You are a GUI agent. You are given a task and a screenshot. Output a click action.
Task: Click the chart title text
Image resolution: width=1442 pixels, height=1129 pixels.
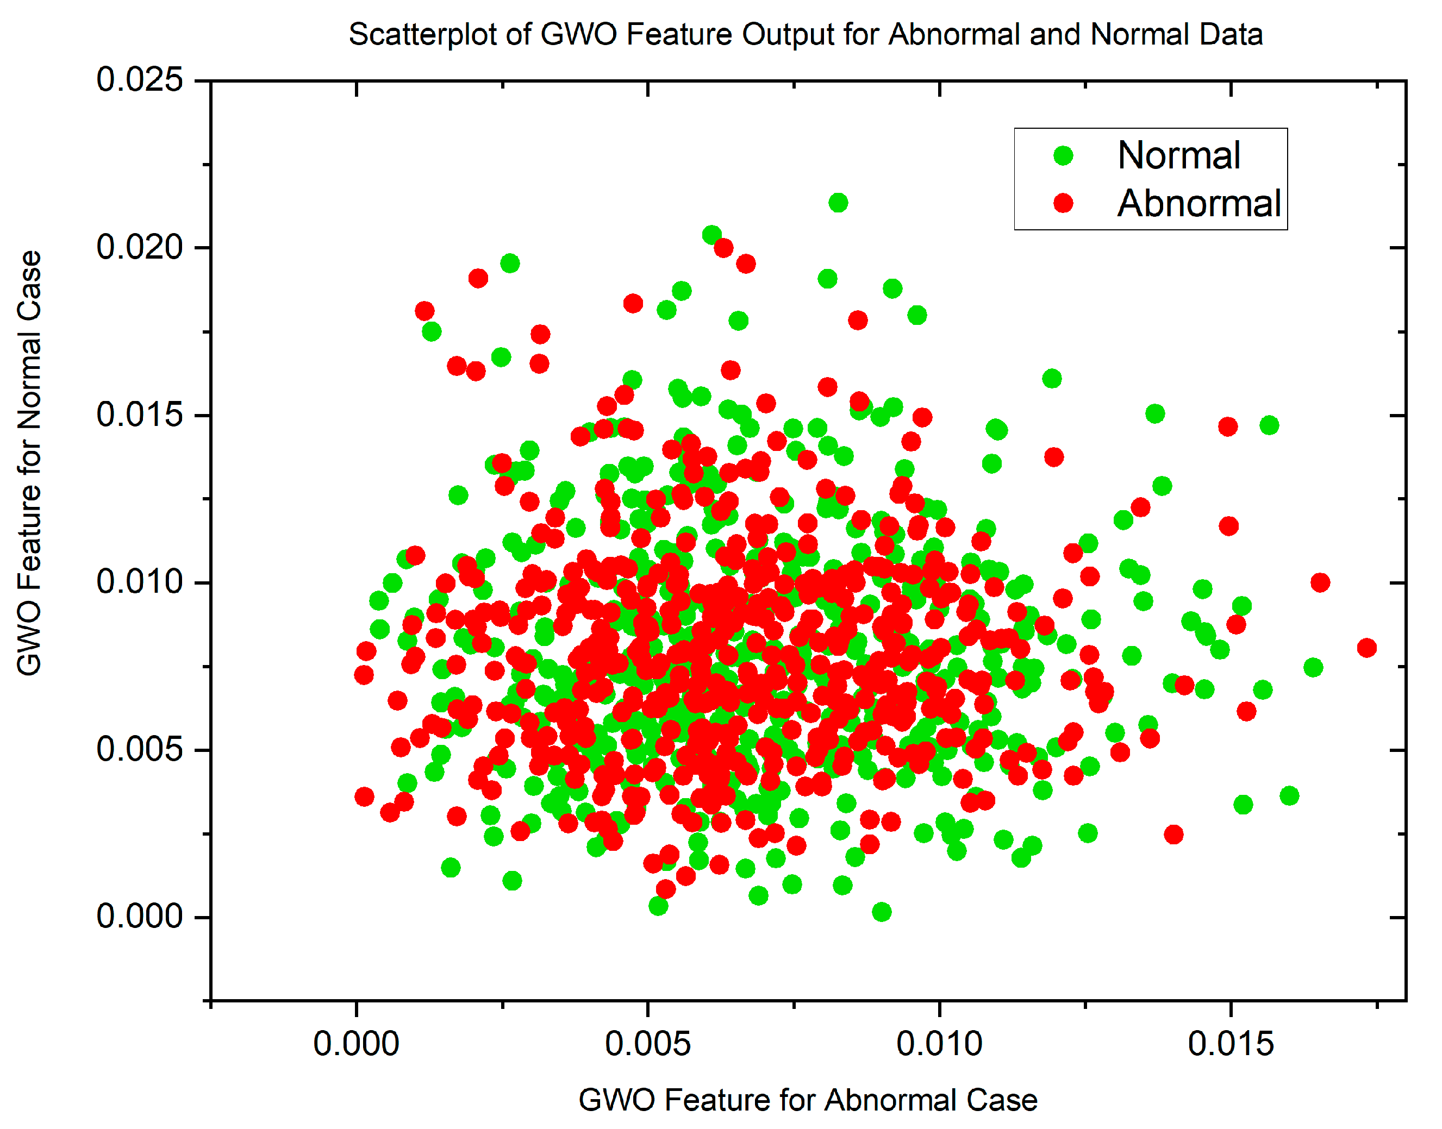coord(806,34)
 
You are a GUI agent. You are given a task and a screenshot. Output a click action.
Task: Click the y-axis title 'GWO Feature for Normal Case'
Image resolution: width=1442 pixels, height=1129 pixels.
coord(30,463)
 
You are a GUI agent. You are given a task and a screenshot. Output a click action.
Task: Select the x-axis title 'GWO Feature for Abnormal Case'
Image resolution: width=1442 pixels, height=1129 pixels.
coord(807,1100)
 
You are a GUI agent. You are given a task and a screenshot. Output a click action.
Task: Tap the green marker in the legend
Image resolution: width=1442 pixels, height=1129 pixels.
coord(1063,155)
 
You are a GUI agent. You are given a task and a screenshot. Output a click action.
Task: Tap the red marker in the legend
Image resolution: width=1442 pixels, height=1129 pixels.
coord(1063,203)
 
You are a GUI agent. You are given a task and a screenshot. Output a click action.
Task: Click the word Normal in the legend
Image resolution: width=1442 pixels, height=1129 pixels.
coord(1178,155)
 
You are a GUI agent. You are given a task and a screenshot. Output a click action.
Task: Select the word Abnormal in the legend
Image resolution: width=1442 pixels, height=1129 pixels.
coord(1198,203)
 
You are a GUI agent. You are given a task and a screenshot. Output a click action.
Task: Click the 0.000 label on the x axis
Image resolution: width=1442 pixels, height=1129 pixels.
coord(355,1044)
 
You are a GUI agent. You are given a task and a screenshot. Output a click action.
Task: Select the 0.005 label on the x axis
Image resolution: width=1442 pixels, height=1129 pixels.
coord(647,1044)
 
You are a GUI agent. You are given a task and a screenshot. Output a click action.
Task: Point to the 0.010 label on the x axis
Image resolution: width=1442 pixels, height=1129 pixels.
coord(939,1044)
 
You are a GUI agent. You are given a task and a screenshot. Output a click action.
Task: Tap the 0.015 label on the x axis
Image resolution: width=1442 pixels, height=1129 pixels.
coord(1231,1044)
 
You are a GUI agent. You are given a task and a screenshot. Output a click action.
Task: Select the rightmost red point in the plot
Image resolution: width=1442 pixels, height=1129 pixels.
coord(1366,648)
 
